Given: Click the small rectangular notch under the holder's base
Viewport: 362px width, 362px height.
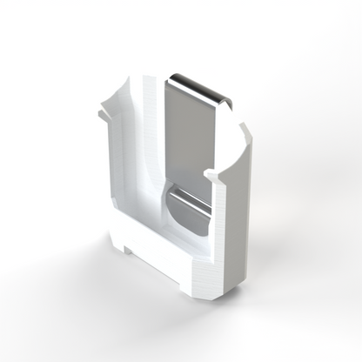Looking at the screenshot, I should (x=130, y=251).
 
